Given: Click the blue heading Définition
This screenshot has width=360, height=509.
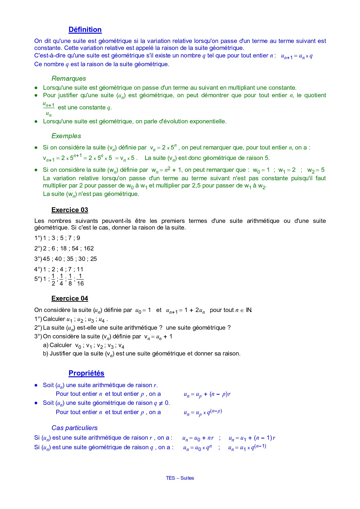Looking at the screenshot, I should [x=85, y=30].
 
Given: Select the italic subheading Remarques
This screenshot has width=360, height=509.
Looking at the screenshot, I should [x=69, y=78].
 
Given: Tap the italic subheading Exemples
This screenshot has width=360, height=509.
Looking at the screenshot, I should [x=66, y=136].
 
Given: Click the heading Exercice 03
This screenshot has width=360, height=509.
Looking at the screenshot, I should [x=70, y=210].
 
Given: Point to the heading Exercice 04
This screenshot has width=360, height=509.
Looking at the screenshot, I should [x=70, y=298].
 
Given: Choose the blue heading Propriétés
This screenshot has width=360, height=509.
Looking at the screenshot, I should [x=86, y=373].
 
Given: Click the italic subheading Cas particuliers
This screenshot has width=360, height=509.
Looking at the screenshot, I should [x=75, y=428].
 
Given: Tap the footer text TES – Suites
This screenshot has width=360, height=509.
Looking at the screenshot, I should [x=180, y=478].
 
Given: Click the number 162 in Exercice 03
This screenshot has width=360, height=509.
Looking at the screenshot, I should [x=89, y=248].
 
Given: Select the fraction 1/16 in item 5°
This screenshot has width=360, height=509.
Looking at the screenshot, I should [x=80, y=280].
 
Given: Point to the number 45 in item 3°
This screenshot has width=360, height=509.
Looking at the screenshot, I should [x=46, y=259].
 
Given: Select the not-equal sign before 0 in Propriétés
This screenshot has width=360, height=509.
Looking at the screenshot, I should [x=161, y=403].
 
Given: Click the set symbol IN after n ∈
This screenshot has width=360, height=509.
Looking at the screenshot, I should [x=249, y=310].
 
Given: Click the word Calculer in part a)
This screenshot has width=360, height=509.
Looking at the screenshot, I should [x=61, y=345].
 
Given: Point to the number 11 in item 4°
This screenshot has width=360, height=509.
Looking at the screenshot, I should [x=80, y=269].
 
